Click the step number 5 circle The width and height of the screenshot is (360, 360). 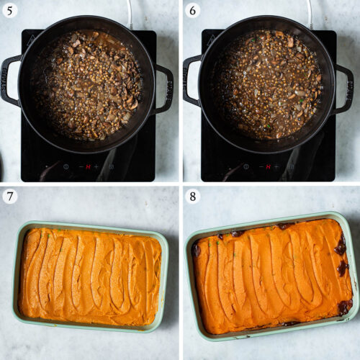pyautogui.click(x=10, y=10)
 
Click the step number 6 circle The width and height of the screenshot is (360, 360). pyautogui.click(x=192, y=10)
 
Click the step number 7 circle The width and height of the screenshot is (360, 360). pyautogui.click(x=10, y=195)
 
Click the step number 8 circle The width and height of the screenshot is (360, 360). pyautogui.click(x=192, y=195)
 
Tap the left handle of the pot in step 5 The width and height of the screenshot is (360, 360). pyautogui.click(x=9, y=79)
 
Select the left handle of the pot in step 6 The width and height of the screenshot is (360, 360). pyautogui.click(x=190, y=79)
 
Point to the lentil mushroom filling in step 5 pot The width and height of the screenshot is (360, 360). pyautogui.click(x=86, y=85)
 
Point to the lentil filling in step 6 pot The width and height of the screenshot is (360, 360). pyautogui.click(x=267, y=85)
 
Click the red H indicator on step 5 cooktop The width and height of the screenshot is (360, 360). pyautogui.click(x=89, y=166)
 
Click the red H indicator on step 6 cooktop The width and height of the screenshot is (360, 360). pyautogui.click(x=269, y=166)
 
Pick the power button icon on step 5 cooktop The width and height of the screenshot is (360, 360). pyautogui.click(x=66, y=166)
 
